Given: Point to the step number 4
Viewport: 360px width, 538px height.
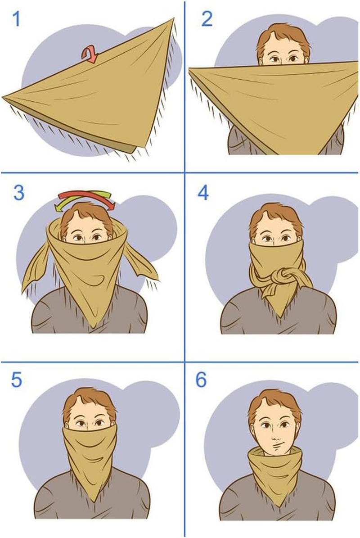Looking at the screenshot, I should pyautogui.click(x=203, y=193).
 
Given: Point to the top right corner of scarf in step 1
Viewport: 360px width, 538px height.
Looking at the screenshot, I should pyautogui.click(x=173, y=20).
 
